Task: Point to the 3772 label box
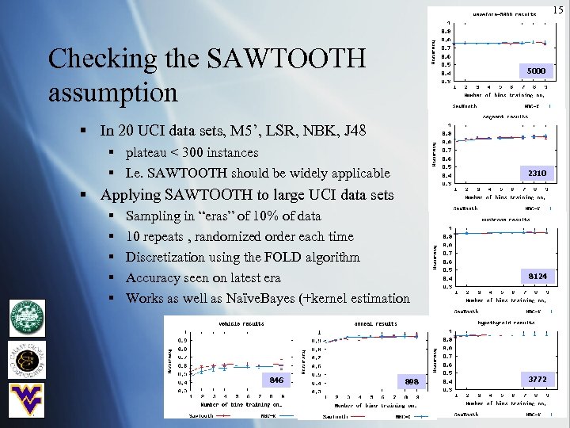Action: [537, 380]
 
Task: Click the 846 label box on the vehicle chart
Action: [275, 380]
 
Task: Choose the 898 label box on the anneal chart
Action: [410, 382]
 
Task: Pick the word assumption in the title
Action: [113, 93]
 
